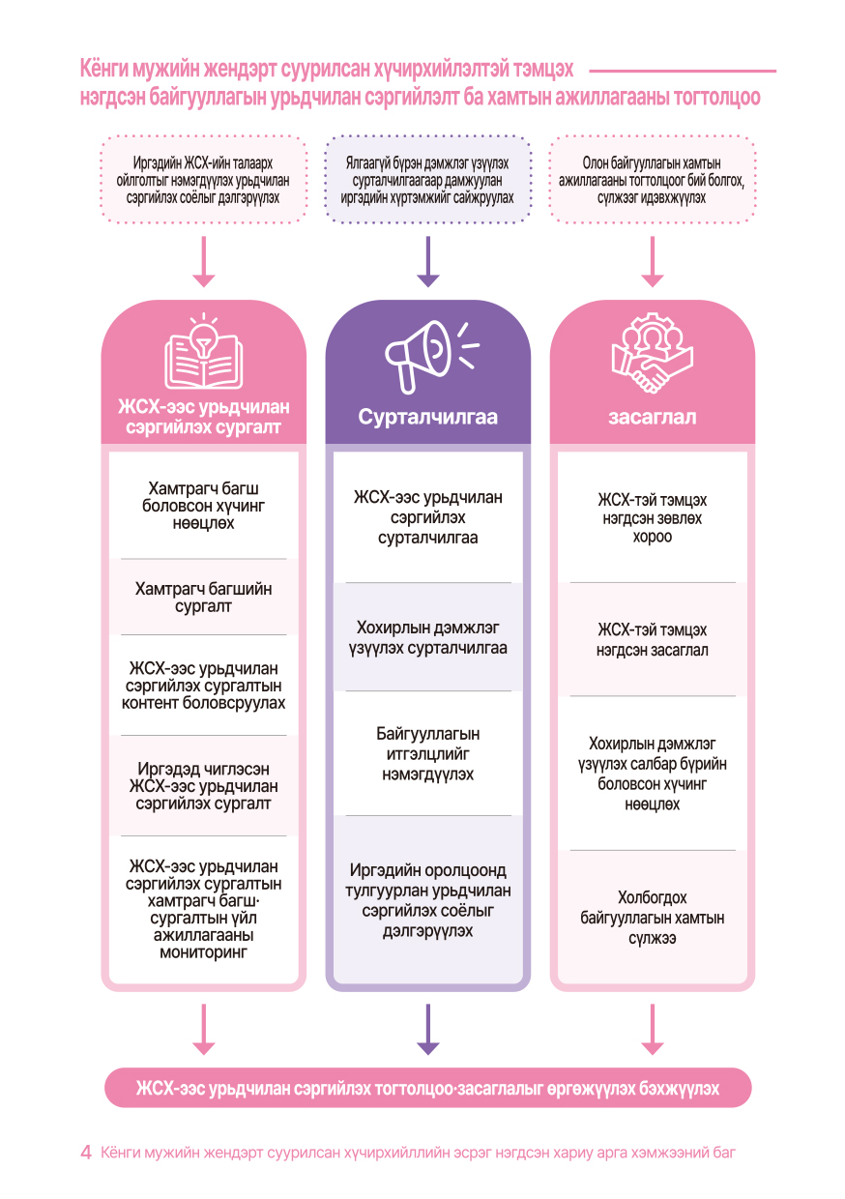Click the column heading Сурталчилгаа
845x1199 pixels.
[x=427, y=418]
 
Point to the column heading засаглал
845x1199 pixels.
[x=653, y=418]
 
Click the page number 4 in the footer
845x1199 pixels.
[x=86, y=1153]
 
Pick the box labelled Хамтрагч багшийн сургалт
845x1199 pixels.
[x=204, y=598]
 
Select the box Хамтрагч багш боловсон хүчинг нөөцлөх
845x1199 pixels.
[x=204, y=506]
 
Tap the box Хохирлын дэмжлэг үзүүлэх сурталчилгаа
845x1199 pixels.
[x=427, y=637]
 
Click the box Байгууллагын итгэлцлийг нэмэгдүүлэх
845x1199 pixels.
[x=427, y=754]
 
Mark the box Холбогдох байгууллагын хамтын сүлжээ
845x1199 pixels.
[x=653, y=918]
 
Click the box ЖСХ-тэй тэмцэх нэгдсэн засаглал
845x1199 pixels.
[x=653, y=640]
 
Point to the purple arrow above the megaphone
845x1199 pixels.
[x=427, y=261]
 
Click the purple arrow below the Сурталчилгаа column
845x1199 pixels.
[x=427, y=1029]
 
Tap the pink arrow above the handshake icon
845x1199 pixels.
[x=653, y=261]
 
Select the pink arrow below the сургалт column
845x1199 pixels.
[x=204, y=1029]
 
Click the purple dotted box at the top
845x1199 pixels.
[x=427, y=180]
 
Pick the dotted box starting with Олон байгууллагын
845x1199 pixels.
[x=653, y=180]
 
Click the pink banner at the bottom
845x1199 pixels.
[x=427, y=1088]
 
